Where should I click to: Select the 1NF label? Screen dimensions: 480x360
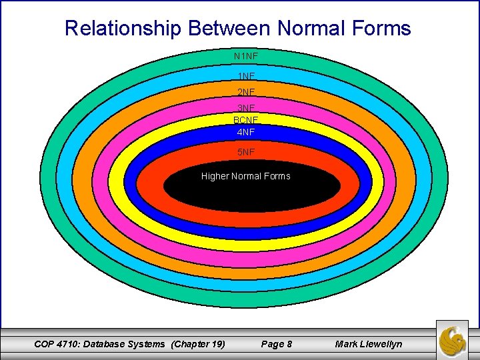pyautogui.click(x=246, y=77)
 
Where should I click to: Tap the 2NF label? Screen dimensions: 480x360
pyautogui.click(x=246, y=92)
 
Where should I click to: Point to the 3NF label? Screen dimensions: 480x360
pyautogui.click(x=246, y=108)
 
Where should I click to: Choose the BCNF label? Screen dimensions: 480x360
pyautogui.click(x=246, y=120)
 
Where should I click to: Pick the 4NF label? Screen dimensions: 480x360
pyautogui.click(x=246, y=132)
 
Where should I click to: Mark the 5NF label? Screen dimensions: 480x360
pyautogui.click(x=246, y=152)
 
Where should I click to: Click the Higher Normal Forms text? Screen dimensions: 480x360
pyautogui.click(x=246, y=177)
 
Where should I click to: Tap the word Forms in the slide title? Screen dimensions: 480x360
pyautogui.click(x=383, y=29)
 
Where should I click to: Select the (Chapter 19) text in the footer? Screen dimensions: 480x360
pyautogui.click(x=198, y=344)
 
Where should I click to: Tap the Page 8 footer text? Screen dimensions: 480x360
pyautogui.click(x=276, y=344)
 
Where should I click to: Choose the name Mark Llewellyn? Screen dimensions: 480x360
pyautogui.click(x=369, y=344)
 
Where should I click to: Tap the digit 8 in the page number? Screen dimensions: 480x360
pyautogui.click(x=289, y=344)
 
